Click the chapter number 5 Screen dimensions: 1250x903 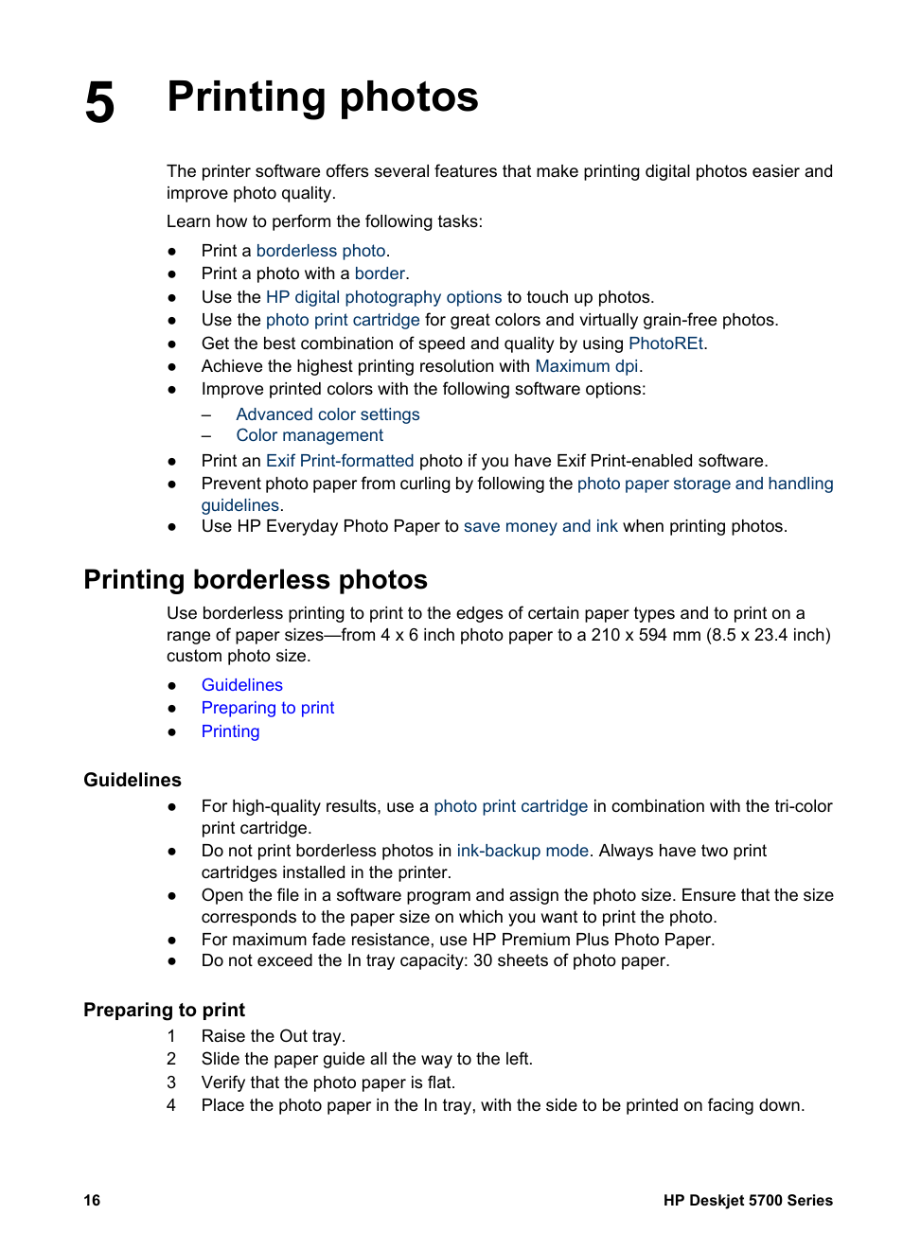[99, 102]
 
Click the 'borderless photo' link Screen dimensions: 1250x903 [321, 251]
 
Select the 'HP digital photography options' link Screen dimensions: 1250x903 [383, 297]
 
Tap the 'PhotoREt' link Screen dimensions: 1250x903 [665, 343]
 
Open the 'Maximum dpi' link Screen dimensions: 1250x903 [587, 366]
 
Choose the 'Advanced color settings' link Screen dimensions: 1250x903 [328, 414]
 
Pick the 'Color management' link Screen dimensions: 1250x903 [310, 435]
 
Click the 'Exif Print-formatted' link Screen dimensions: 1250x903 [340, 461]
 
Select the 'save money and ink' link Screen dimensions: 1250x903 [540, 526]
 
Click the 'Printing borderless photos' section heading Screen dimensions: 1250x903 [256, 579]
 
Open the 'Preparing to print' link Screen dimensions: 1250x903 [268, 708]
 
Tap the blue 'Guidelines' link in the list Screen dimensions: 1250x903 [242, 685]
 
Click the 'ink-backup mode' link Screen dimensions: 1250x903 [522, 851]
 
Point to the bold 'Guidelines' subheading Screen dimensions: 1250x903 [133, 780]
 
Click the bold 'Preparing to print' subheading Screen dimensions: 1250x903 [164, 1010]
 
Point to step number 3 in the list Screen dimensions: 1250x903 [171, 1083]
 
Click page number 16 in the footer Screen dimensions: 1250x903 [92, 1200]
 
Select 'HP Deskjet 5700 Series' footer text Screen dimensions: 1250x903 [748, 1200]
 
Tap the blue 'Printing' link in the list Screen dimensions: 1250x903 [230, 731]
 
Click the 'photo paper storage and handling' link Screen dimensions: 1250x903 [705, 484]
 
